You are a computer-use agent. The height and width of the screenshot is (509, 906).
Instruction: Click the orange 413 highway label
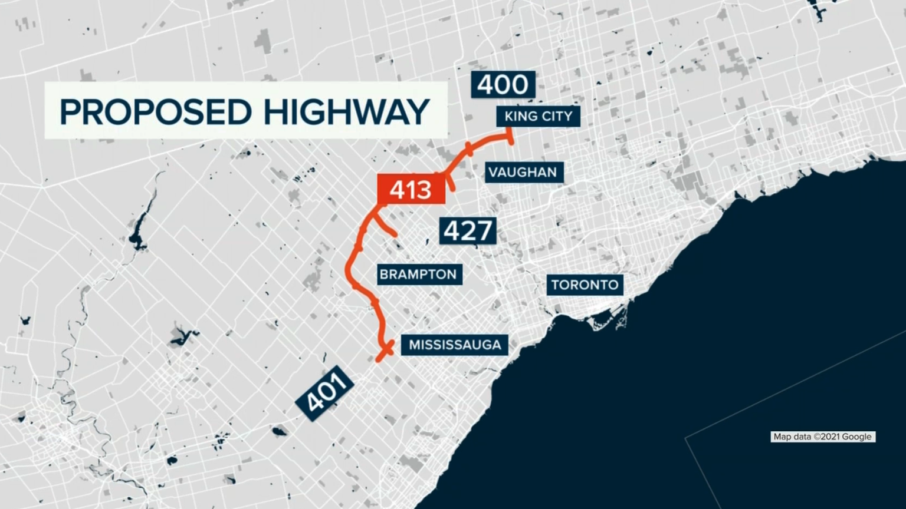[411, 189]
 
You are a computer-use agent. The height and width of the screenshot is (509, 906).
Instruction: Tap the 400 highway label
[503, 85]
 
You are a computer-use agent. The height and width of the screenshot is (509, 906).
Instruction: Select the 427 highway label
[468, 230]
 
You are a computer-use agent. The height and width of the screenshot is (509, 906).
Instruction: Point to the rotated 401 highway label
[325, 393]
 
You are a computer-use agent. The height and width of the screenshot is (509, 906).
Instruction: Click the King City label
[538, 116]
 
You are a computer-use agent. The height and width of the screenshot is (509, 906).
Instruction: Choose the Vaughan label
[523, 172]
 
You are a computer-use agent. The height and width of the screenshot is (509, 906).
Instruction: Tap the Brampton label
[418, 274]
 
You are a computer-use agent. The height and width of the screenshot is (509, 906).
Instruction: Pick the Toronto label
[585, 285]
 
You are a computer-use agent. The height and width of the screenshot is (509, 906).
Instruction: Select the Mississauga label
[455, 345]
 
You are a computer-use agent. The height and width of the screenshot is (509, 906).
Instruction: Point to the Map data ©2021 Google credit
[823, 437]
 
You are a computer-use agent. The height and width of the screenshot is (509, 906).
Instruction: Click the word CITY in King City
[557, 116]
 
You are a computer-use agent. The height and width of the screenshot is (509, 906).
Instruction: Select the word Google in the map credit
[856, 437]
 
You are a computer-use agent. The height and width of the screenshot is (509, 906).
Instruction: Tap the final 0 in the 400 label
[519, 85]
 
